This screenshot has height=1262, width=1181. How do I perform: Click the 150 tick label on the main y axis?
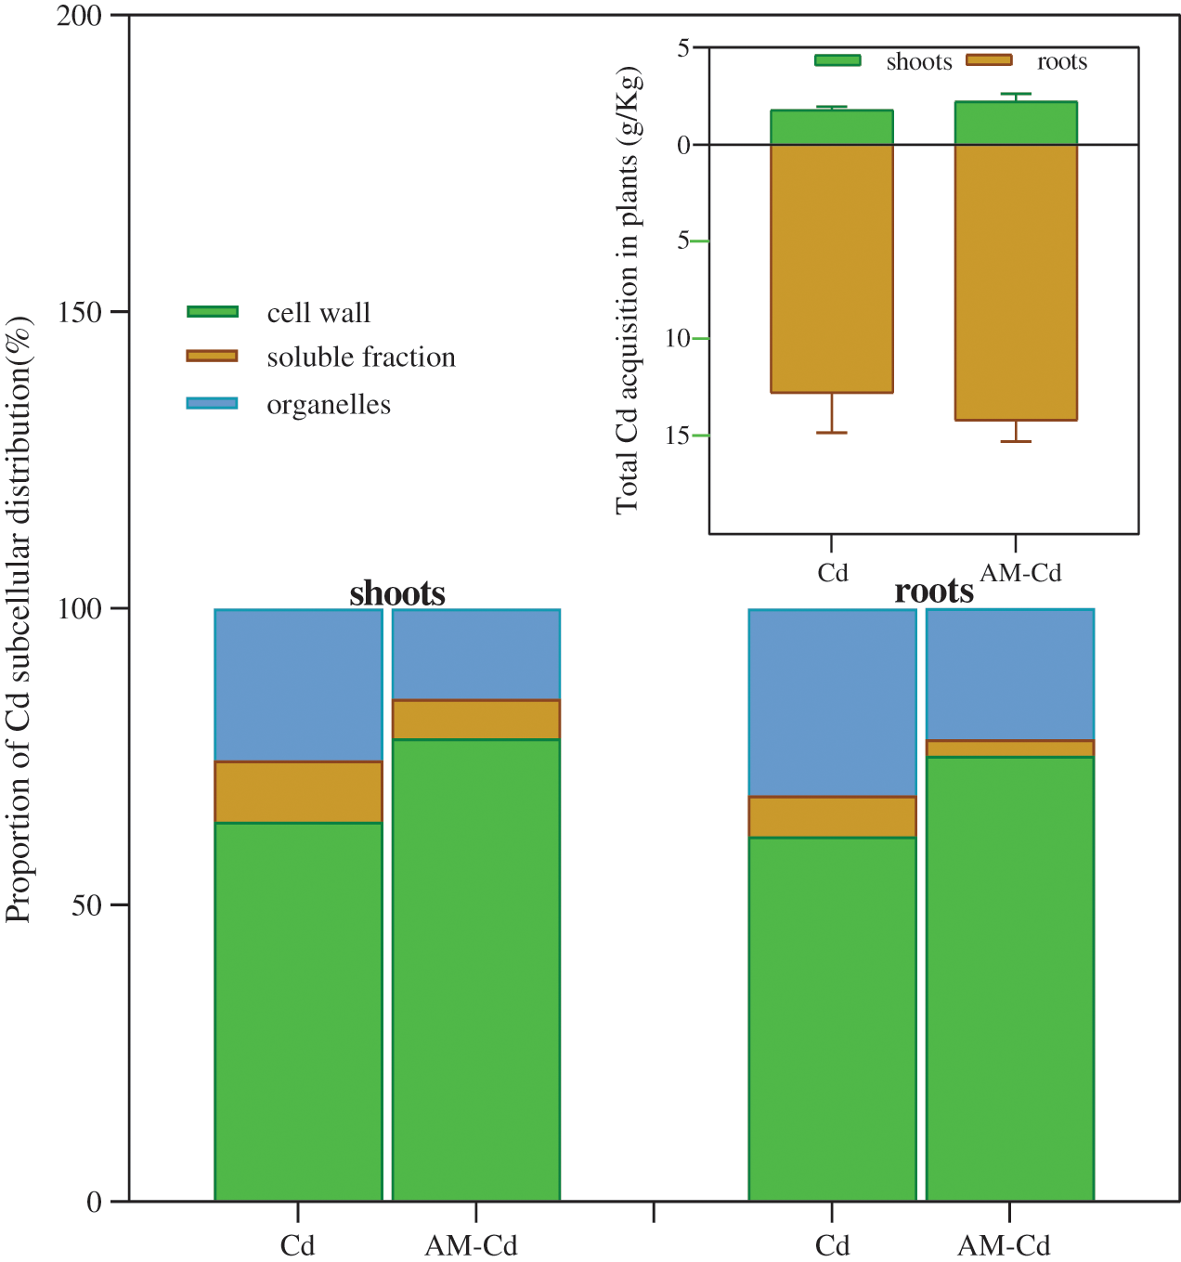tap(79, 312)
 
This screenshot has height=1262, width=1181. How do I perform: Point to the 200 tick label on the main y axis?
tap(79, 17)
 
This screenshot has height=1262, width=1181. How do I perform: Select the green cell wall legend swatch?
tap(213, 312)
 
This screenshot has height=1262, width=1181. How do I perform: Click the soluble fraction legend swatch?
tap(213, 356)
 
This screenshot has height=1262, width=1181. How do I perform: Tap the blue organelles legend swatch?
tap(213, 403)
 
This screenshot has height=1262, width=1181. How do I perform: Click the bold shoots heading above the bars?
tap(397, 593)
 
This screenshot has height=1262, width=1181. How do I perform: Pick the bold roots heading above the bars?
tap(934, 591)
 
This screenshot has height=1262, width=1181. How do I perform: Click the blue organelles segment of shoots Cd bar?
tap(298, 685)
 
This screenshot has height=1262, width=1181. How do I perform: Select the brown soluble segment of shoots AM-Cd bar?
tap(475, 720)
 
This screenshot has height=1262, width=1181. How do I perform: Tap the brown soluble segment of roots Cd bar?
tap(832, 817)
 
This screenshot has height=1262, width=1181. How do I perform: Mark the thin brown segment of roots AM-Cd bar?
tap(1010, 748)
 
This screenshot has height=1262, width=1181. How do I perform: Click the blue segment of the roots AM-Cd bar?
tap(1010, 674)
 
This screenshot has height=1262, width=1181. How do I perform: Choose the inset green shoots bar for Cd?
tap(832, 127)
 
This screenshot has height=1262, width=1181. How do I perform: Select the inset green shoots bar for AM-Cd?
tap(1016, 124)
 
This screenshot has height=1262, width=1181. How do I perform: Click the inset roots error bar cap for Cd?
tap(832, 433)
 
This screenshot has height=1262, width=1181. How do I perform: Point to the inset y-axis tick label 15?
tap(677, 436)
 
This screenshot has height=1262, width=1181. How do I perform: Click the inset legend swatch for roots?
tap(989, 60)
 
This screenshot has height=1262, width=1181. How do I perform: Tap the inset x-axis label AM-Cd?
tap(1020, 573)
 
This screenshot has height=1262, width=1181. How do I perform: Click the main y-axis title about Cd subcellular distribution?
tap(19, 620)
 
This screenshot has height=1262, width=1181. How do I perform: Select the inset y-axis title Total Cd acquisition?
tap(629, 290)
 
